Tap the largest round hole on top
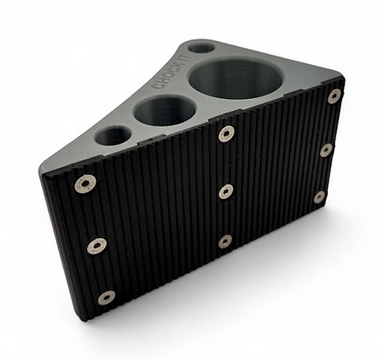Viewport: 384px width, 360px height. [x=236, y=78]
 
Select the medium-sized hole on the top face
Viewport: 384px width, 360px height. [x=165, y=110]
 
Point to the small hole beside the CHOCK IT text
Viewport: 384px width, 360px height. [x=201, y=47]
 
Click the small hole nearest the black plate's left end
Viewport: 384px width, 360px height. [x=113, y=136]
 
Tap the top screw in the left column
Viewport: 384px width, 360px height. [x=85, y=183]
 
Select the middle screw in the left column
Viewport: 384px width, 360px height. [x=96, y=246]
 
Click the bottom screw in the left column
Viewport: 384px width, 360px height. [x=106, y=297]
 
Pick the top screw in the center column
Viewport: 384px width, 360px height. [x=226, y=134]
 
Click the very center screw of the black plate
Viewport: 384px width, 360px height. [x=225, y=191]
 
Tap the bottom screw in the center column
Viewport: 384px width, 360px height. [x=224, y=241]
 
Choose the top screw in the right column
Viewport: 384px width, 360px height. [x=335, y=96]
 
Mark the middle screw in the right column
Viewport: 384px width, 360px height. [x=326, y=150]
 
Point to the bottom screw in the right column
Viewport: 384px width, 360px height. [x=319, y=197]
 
